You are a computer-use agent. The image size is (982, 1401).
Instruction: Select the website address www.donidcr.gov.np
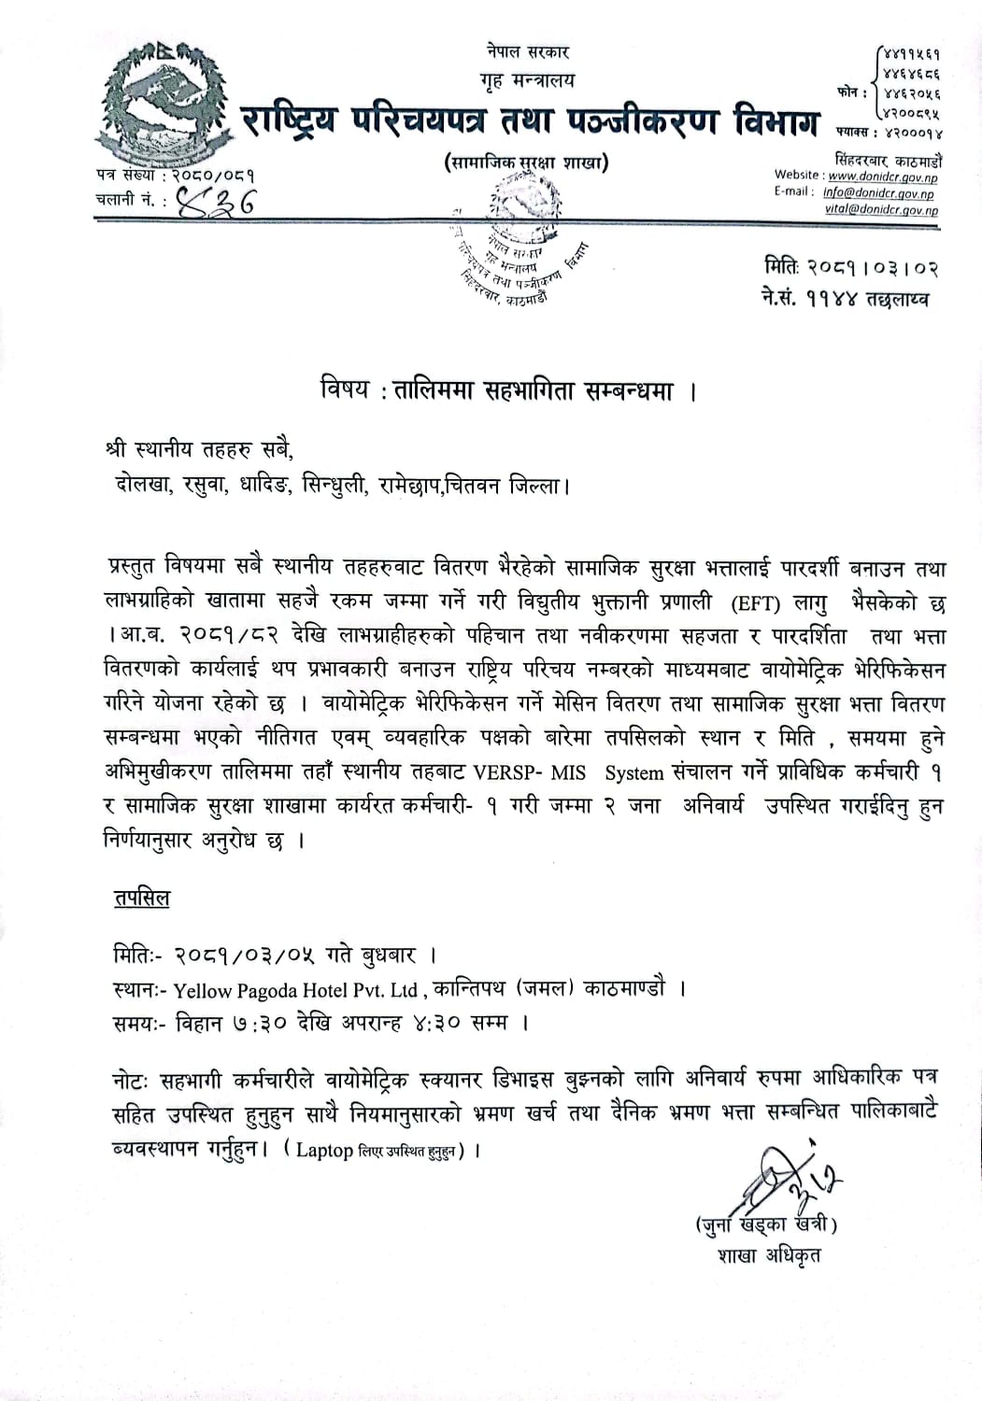[x=883, y=177]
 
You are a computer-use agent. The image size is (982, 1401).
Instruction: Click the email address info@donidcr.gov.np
[x=877, y=193]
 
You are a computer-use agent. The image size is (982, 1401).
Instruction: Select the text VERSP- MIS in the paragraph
[x=537, y=773]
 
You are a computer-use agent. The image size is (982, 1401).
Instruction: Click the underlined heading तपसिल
[x=141, y=899]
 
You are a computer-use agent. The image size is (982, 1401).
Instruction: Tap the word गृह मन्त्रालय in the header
[x=528, y=80]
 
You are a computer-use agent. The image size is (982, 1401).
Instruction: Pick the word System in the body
[x=635, y=773]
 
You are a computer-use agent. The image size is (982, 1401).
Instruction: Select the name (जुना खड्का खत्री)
[x=764, y=1224]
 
